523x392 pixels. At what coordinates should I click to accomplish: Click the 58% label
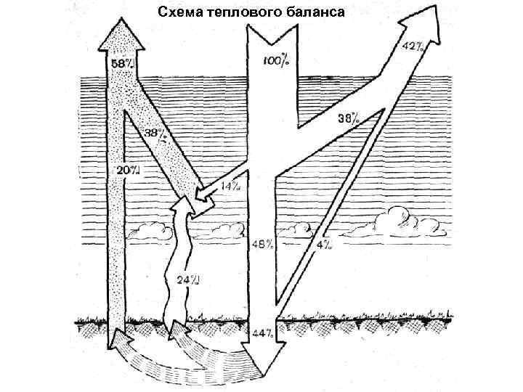(122, 63)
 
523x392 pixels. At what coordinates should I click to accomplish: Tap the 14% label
(232, 187)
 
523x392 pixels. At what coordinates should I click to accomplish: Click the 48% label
(264, 244)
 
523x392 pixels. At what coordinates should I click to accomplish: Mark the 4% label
(324, 244)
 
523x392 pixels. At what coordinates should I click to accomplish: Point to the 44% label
(261, 333)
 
